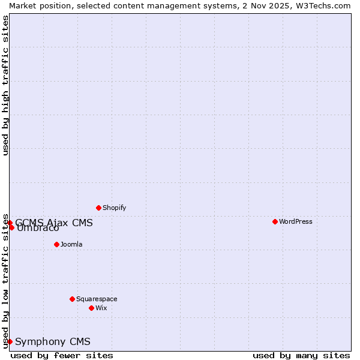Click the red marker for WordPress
[x=275, y=221]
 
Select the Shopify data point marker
[x=98, y=208]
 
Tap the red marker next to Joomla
[x=56, y=244]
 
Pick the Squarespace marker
[x=72, y=299]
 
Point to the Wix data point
[x=91, y=308]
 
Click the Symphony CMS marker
[x=10, y=341]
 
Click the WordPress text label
[x=296, y=221]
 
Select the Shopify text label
[x=114, y=208]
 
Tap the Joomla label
[x=71, y=244]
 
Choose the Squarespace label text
[x=97, y=299]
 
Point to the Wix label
[x=101, y=308]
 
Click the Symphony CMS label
[x=53, y=341]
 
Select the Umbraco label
[x=38, y=229]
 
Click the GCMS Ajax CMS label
[x=54, y=223]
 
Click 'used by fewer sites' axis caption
[x=62, y=355]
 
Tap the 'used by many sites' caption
[x=301, y=355]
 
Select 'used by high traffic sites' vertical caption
[x=5, y=85]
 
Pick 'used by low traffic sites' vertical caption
[x=5, y=281]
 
